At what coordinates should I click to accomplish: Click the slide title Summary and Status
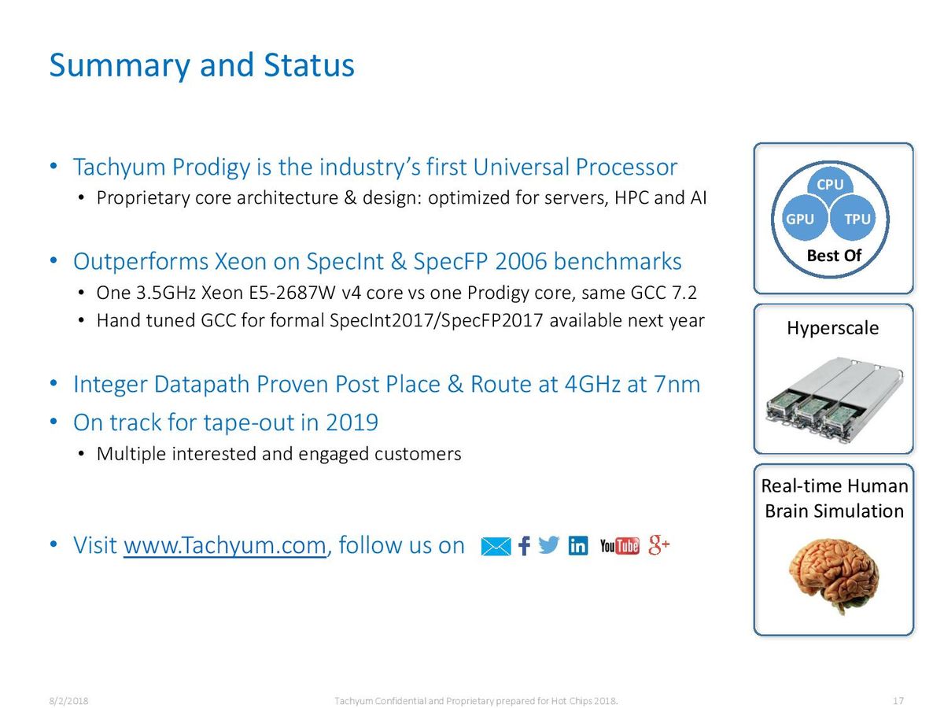201,66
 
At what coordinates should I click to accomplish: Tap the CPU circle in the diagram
830,184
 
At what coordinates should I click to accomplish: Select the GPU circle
802,218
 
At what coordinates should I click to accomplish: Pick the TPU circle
854,218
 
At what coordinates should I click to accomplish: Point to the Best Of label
834,256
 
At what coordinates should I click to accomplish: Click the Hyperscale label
832,328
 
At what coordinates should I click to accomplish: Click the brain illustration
833,576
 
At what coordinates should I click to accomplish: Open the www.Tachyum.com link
225,545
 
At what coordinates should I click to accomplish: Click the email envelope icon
496,547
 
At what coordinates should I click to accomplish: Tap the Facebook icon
524,546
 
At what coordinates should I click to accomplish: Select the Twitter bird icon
549,545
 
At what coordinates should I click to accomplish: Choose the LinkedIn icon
577,545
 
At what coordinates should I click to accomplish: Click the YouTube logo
619,546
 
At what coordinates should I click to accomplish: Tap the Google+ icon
658,545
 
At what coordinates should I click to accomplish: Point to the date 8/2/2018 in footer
68,701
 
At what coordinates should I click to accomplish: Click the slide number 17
898,701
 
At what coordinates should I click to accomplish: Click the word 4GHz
592,384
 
